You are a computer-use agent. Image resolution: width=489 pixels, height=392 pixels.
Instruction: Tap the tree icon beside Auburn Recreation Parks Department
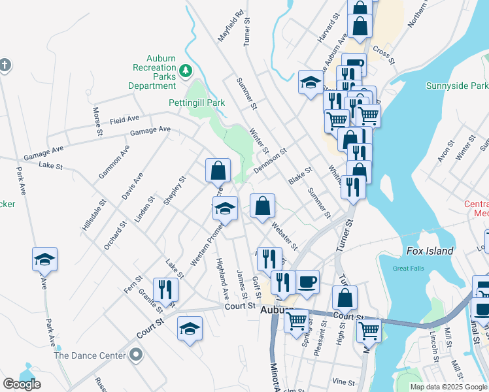click(186, 69)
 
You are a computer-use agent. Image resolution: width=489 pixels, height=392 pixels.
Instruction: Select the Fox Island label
click(430, 251)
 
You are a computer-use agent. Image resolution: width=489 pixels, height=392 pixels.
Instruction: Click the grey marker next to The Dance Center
click(135, 355)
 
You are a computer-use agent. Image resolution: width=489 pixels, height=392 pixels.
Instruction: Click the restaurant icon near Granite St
click(165, 289)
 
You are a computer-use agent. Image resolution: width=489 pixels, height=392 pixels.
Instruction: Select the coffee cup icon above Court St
click(307, 282)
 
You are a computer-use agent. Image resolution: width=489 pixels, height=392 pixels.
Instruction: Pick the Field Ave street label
click(125, 120)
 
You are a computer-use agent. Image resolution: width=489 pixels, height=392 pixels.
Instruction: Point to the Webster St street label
click(284, 237)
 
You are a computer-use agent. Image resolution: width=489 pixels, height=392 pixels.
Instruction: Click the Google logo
click(22, 384)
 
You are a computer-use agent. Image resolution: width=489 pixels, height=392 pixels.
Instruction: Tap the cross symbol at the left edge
click(5, 65)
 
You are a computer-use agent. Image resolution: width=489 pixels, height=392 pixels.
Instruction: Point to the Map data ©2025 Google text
click(448, 387)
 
